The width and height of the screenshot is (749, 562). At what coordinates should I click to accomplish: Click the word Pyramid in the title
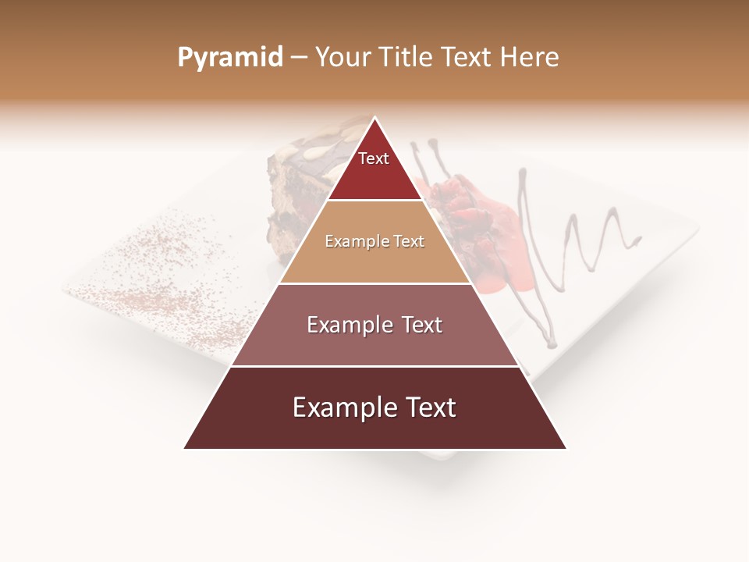pos(230,58)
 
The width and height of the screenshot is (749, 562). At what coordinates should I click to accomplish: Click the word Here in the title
pos(530,58)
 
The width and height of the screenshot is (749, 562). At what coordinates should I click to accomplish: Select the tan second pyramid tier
pos(374,242)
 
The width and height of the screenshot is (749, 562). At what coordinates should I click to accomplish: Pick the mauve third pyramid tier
pos(374,325)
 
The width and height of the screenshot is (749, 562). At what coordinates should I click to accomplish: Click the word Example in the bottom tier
pos(342,408)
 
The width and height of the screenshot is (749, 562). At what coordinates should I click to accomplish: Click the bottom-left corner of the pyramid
pos(185,448)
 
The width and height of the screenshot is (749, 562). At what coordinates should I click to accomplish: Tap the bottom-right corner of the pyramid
pos(566,448)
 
